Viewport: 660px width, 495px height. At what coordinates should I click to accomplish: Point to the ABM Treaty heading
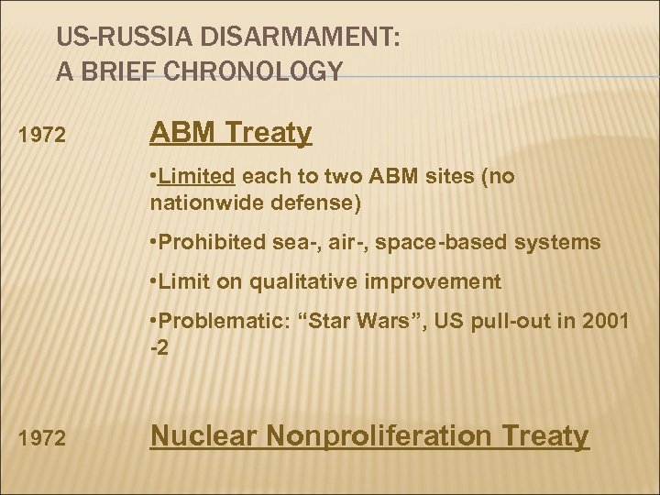(231, 134)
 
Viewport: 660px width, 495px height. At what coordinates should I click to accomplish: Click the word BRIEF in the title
(116, 71)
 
